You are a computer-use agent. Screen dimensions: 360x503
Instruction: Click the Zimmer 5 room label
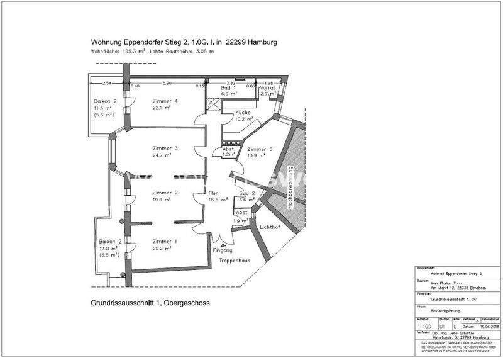point(260,149)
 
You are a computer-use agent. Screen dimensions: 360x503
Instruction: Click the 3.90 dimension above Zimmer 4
point(167,84)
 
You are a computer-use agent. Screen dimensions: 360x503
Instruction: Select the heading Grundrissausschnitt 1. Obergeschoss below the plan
point(150,303)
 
